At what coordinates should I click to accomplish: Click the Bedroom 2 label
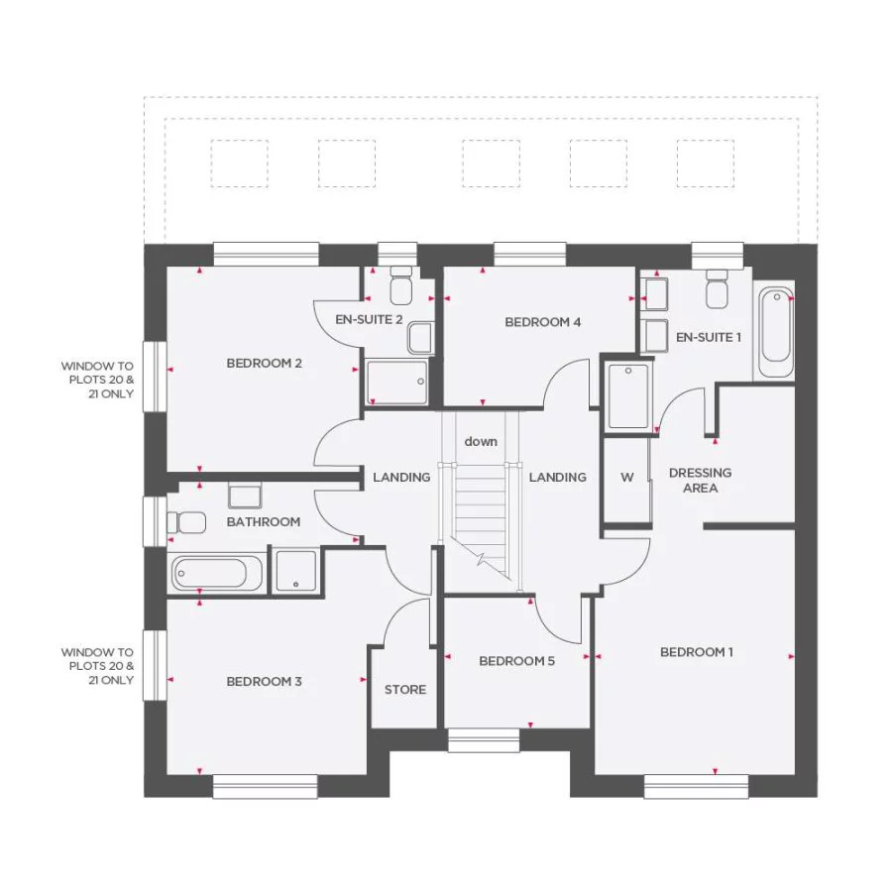click(264, 363)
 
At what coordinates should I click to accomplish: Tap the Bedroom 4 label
click(542, 322)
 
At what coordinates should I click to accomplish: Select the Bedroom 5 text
click(516, 661)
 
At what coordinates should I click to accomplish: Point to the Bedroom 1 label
click(697, 652)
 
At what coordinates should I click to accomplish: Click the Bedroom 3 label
click(264, 682)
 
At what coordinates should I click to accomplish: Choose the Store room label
click(405, 690)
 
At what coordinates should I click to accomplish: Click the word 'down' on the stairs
click(481, 442)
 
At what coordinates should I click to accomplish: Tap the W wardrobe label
click(626, 478)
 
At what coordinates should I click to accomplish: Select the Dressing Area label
click(700, 481)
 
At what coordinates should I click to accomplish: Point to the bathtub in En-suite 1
click(775, 333)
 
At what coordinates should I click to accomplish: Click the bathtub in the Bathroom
click(217, 573)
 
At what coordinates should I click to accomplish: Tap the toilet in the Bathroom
click(188, 521)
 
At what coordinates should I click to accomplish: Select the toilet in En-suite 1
click(717, 287)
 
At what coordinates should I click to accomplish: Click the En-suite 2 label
click(369, 319)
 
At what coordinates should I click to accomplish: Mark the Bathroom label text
click(263, 522)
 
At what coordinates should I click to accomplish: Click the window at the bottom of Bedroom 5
click(484, 740)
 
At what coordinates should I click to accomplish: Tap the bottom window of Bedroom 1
click(695, 787)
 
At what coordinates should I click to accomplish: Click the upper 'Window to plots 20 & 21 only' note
click(97, 380)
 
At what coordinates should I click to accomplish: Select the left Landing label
click(401, 478)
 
